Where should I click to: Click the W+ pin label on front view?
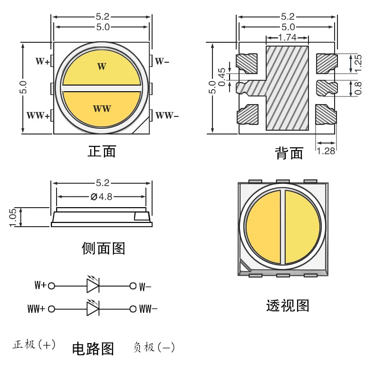pos(43,61)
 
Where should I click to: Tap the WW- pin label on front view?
pos(167,115)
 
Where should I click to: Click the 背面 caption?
pos(288,153)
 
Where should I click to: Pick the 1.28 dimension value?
pos(326,151)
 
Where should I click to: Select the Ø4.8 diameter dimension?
pos(101,196)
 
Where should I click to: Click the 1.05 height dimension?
pos(13,218)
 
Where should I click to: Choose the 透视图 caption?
pos(287,306)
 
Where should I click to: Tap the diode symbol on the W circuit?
pos(92,286)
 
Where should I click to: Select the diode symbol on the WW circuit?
pos(92,309)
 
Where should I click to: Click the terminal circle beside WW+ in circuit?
pos(52,309)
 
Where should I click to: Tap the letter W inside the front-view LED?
pos(101,67)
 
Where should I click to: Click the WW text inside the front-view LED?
pos(102,109)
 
